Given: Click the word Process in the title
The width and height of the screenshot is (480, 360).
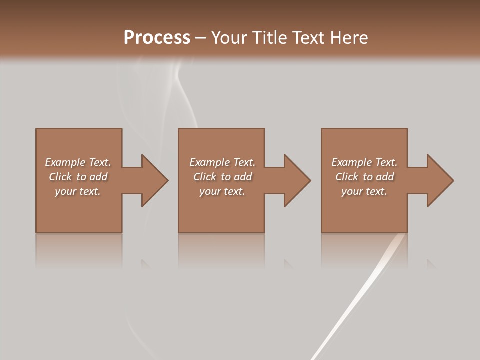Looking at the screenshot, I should pyautogui.click(x=157, y=38).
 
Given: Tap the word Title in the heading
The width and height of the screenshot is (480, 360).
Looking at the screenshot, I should pyautogui.click(x=269, y=38).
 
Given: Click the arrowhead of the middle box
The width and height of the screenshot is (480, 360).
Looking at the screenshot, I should pyautogui.click(x=296, y=180).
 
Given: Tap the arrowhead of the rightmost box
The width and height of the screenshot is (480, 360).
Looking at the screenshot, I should pyautogui.click(x=439, y=180).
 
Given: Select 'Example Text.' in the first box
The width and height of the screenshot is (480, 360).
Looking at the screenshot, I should pyautogui.click(x=78, y=162).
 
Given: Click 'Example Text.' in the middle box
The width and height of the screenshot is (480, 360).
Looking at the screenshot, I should pyautogui.click(x=222, y=162).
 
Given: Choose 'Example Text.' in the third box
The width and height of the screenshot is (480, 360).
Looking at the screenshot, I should pyautogui.click(x=364, y=162).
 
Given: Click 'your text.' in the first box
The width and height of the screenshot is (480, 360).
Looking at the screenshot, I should pyautogui.click(x=78, y=191).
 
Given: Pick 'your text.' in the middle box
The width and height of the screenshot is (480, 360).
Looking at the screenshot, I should pyautogui.click(x=222, y=191).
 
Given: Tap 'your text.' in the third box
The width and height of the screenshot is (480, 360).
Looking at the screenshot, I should pyautogui.click(x=364, y=191).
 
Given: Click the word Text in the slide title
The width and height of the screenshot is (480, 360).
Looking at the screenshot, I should pyautogui.click(x=306, y=38).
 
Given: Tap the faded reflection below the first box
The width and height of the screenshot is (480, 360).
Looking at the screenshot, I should pyautogui.click(x=79, y=250).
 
